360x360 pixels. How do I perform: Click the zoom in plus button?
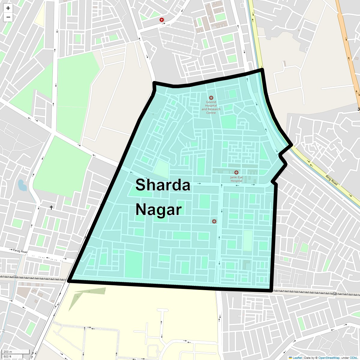click(8, 8)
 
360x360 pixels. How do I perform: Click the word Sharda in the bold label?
click(163, 185)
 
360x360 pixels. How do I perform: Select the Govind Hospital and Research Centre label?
click(211, 107)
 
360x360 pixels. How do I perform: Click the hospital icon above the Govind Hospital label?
click(211, 98)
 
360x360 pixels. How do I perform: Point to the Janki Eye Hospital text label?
click(236, 179)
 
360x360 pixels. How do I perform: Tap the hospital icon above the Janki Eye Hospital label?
click(236, 172)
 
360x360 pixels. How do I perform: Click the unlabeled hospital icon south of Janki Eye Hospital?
click(214, 221)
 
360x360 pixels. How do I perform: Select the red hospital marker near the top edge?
click(162, 20)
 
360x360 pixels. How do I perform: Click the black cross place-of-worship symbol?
click(51, 207)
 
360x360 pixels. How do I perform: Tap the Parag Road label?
click(20, 251)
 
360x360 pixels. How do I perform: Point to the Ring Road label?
click(331, 180)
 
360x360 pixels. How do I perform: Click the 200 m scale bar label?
click(8, 352)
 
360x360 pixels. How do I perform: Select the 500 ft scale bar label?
click(7, 356)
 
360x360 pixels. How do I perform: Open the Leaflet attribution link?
click(297, 358)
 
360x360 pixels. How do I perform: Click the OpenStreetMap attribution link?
click(329, 358)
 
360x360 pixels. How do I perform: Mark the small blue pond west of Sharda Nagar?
click(22, 185)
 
